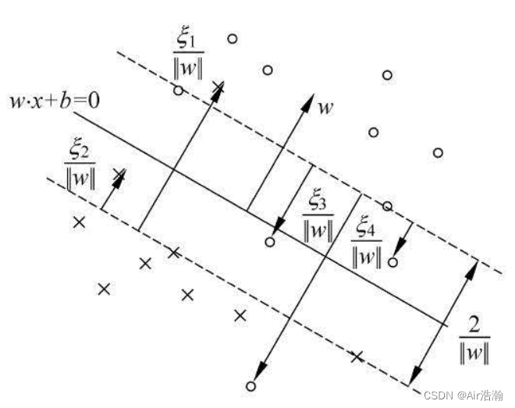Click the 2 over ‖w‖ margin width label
(474, 337)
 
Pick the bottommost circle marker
(250, 385)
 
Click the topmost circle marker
(232, 37)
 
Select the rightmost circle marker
(438, 152)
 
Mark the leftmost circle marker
(178, 90)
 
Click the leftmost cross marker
(78, 222)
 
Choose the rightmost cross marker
(357, 357)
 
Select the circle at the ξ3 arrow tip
(270, 242)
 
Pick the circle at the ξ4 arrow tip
(392, 262)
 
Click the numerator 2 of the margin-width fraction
(474, 323)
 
